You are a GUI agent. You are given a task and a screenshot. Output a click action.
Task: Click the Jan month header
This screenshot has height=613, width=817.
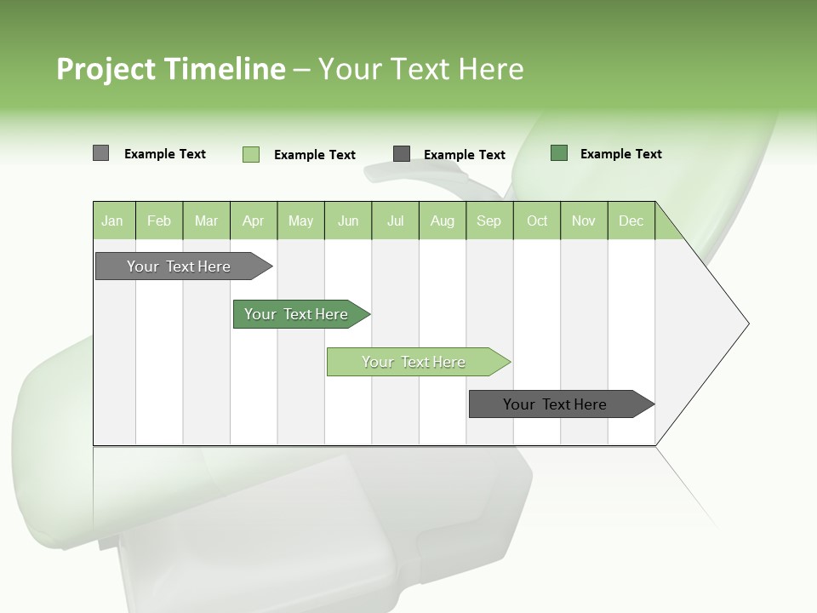coord(113,221)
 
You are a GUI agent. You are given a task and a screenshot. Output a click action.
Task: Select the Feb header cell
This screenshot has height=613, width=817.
coord(159,221)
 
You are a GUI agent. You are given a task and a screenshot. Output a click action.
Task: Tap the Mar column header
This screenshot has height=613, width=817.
coord(206,221)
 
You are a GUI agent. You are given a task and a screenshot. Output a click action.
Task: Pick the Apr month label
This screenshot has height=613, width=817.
coord(254,221)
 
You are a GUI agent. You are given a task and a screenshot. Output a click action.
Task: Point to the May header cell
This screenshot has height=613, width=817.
coord(300,221)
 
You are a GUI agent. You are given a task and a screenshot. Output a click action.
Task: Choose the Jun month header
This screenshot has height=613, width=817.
coord(348,221)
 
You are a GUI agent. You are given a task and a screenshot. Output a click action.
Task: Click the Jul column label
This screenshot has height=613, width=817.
coord(395,221)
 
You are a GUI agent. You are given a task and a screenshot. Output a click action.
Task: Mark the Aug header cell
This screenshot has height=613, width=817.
coord(443,221)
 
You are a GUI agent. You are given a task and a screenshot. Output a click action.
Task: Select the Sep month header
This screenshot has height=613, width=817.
coord(489,221)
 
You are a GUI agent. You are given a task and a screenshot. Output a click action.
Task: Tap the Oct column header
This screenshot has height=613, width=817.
coord(537,221)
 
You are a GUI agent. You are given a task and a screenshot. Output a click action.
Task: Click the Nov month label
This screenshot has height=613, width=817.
coord(584,221)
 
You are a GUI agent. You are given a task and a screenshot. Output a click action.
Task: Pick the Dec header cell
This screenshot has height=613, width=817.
coord(631,221)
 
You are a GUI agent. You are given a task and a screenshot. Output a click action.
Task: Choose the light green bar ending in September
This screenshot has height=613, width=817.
coord(414,362)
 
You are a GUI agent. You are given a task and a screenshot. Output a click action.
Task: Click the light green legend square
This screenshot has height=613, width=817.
coord(251,154)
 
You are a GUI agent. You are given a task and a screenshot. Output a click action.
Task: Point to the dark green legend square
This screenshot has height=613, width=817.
coord(559,153)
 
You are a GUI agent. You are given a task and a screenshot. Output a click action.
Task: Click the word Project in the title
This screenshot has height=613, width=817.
coord(106,69)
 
